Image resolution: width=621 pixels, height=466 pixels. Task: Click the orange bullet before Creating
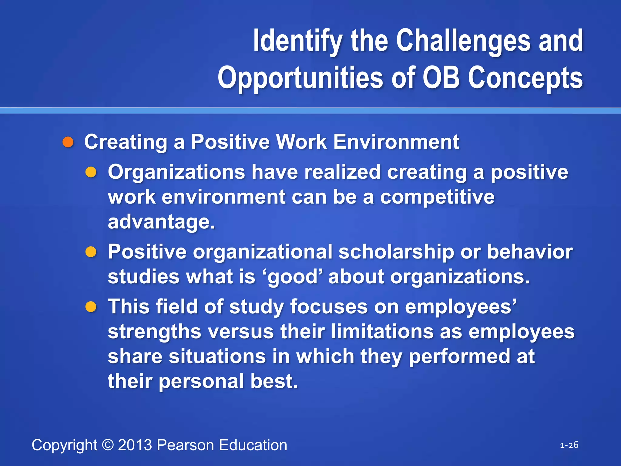click(x=68, y=142)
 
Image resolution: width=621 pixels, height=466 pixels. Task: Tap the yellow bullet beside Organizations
click(x=91, y=172)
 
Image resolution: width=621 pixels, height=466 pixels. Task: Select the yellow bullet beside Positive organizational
click(x=91, y=252)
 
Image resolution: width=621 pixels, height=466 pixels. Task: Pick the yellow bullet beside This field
click(x=91, y=307)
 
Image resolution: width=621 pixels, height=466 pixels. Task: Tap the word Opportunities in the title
click(x=300, y=78)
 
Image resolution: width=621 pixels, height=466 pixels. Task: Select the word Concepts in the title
click(x=525, y=78)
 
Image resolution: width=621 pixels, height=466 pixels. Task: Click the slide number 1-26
click(x=569, y=445)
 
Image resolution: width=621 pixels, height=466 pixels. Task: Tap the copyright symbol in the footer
click(x=108, y=445)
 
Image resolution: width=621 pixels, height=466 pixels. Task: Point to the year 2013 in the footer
click(x=135, y=445)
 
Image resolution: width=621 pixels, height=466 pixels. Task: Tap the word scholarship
click(x=396, y=252)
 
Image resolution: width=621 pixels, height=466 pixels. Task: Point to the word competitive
click(x=437, y=197)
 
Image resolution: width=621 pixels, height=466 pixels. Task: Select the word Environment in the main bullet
click(x=396, y=142)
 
